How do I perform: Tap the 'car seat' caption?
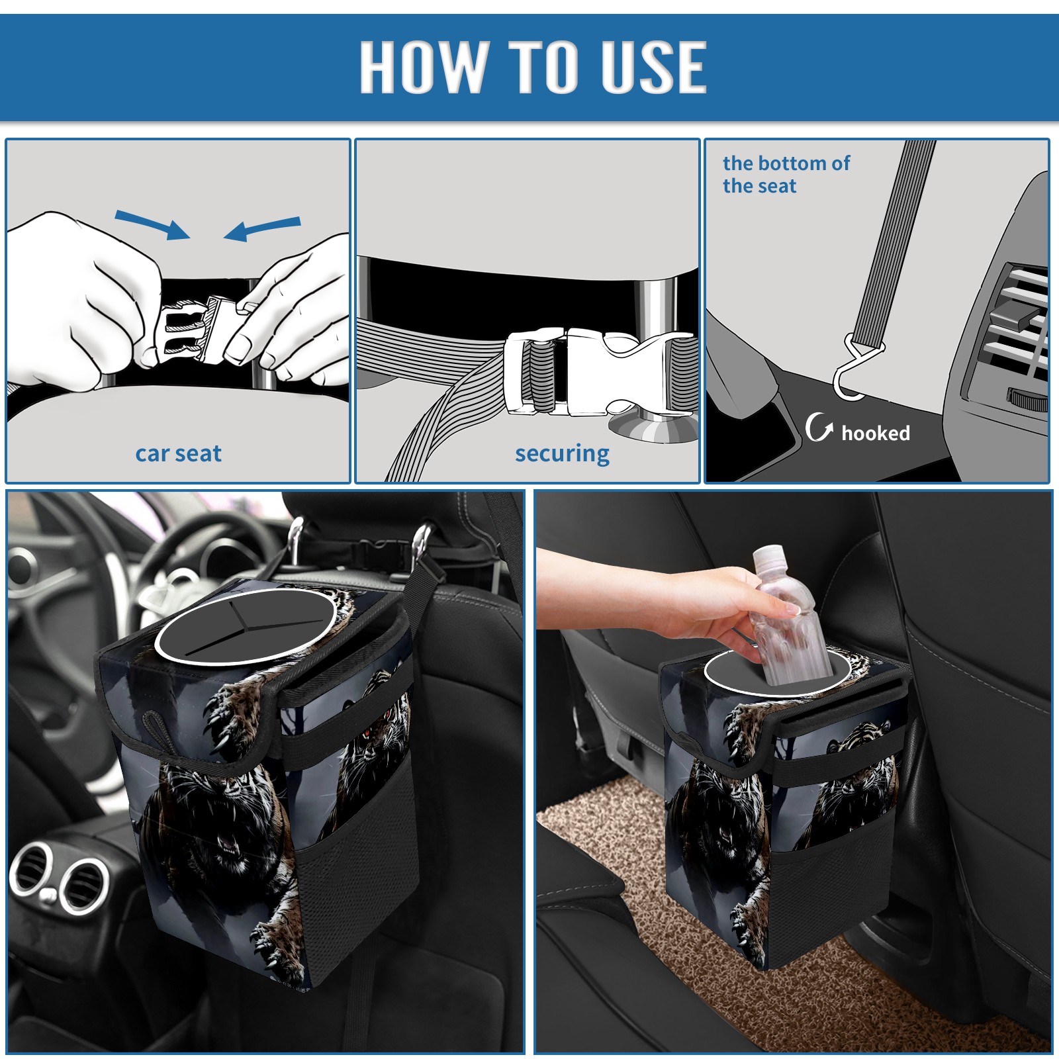click(x=178, y=453)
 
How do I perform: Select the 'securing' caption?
click(x=562, y=454)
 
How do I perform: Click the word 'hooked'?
click(x=876, y=433)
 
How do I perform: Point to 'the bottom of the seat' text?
click(x=786, y=174)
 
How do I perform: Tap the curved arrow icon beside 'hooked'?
click(x=819, y=427)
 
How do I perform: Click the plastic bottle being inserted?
click(x=790, y=616)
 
